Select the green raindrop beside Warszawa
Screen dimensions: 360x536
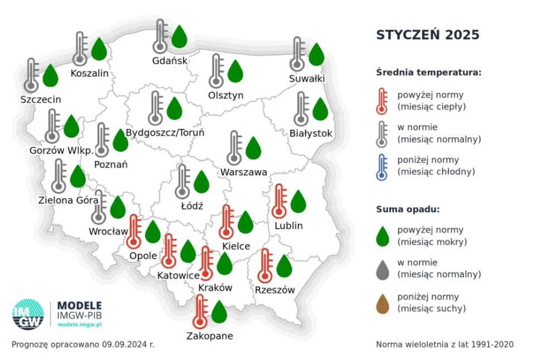pos(254,148)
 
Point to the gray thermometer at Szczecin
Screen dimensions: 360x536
pos(31,76)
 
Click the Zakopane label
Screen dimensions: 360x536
pos(210,336)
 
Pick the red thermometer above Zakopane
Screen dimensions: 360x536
pos(200,312)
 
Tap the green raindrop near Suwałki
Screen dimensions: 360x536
pos(316,54)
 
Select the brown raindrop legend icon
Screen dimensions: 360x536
pos(382,303)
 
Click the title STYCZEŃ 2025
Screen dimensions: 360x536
pos(428,35)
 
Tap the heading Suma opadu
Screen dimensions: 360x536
pos(408,210)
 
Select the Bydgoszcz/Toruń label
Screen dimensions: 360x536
pos(165,133)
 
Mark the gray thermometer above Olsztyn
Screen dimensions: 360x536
pos(216,71)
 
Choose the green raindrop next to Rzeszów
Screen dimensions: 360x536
pos(284,266)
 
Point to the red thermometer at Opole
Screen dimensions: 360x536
pos(134,232)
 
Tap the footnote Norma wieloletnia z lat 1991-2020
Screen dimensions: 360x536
pos(445,344)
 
